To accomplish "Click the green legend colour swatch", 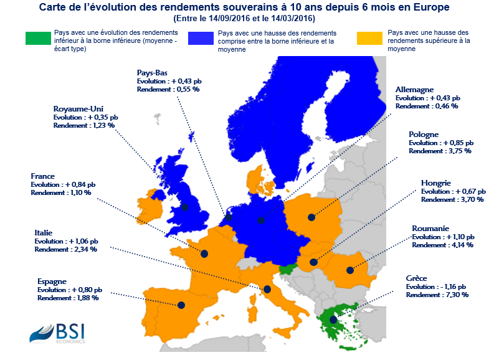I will pos(42,39).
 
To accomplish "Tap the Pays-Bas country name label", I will pos(151,73).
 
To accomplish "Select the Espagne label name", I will pos(52,282).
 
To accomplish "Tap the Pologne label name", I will pos(424,135).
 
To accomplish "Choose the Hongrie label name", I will pos(435,183).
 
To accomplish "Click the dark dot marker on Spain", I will pos(181,305).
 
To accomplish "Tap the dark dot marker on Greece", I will pos(334,320).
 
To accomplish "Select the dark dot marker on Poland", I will pos(311,217).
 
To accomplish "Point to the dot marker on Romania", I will pos(349,270).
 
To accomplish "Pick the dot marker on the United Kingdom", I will pos(184,207).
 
